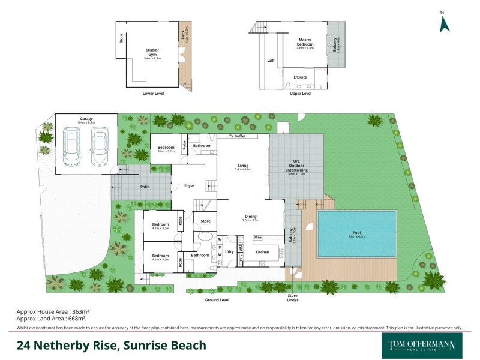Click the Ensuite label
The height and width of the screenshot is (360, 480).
[x=300, y=77]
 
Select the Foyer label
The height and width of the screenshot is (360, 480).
[x=189, y=186]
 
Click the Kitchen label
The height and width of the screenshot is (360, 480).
[x=263, y=253]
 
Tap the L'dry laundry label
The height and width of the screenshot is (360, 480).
[x=229, y=253]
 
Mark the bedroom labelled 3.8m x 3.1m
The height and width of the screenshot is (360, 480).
[x=166, y=149]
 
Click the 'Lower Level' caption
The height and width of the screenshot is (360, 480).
[x=153, y=94]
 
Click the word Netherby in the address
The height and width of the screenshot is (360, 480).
[x=65, y=345]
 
